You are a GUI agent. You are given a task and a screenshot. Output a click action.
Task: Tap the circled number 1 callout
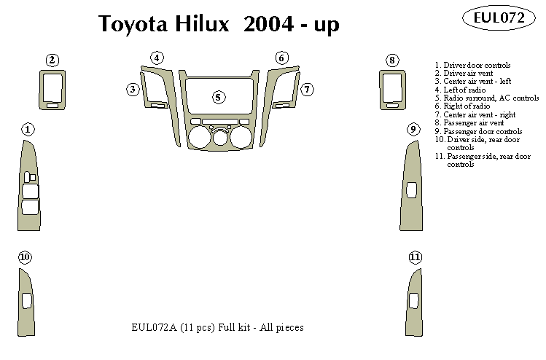point(27,130)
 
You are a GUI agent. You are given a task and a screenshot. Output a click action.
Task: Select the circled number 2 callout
point(52,60)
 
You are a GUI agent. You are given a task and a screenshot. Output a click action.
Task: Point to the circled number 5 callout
point(217,97)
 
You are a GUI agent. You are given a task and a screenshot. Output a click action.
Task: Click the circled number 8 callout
point(392,60)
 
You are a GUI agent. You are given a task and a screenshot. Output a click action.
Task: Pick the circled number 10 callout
point(25,257)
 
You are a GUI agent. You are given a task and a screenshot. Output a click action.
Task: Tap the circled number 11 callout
point(415,257)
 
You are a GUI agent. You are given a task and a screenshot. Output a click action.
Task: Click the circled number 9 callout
point(413,130)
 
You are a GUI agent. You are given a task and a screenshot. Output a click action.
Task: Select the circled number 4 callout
point(157,58)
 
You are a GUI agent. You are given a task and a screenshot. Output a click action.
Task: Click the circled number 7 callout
point(308,89)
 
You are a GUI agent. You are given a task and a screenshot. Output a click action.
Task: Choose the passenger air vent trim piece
point(391,91)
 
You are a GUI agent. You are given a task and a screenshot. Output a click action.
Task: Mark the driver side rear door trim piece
point(26,302)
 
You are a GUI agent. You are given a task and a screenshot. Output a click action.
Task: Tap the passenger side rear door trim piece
point(414,302)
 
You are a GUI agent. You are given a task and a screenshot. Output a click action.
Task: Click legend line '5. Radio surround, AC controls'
point(486,98)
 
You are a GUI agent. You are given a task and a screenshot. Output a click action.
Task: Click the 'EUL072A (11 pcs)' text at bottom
point(168,328)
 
